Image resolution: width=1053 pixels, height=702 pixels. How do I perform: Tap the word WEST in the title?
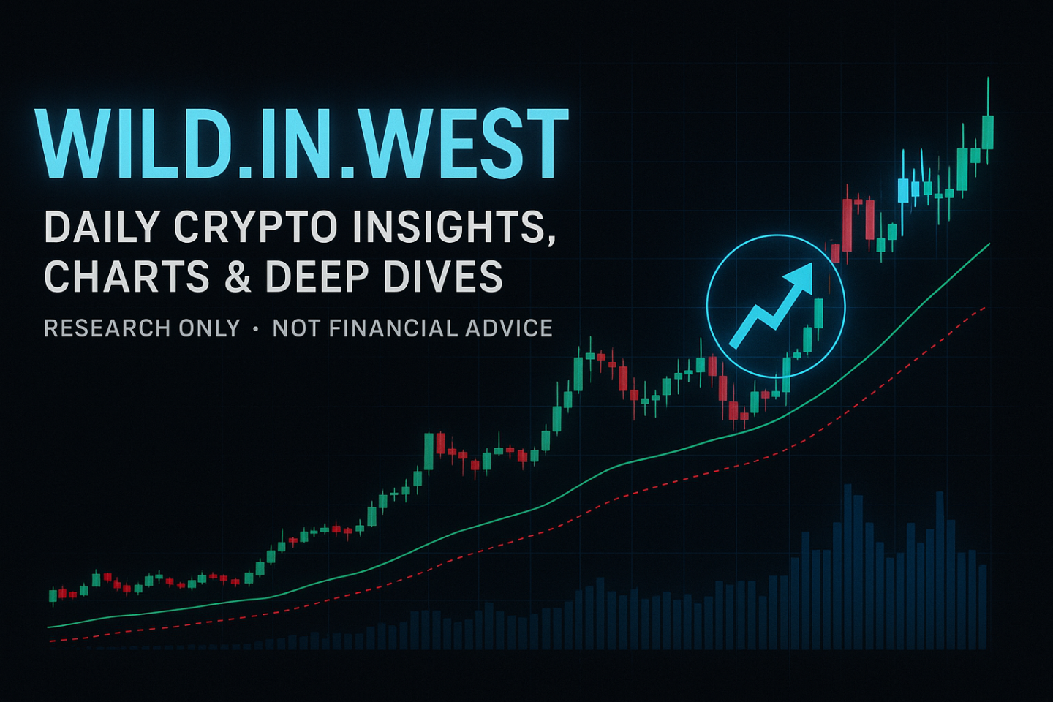(x=469, y=144)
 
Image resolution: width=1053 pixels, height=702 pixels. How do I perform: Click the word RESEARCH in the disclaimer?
(x=107, y=328)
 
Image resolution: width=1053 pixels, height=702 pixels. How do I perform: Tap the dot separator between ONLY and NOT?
(x=256, y=329)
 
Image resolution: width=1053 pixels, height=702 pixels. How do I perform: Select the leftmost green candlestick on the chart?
(x=53, y=596)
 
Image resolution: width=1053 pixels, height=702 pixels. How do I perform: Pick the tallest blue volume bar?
(x=848, y=567)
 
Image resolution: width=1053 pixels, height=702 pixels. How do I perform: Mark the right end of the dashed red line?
(x=985, y=307)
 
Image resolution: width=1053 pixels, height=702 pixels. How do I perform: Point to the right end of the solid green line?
(x=989, y=244)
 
